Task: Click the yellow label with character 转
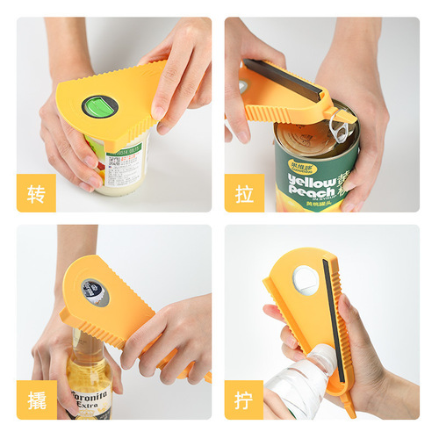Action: click(36, 193)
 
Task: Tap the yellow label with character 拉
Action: click(244, 193)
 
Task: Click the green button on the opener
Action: click(99, 107)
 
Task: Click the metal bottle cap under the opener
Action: click(94, 292)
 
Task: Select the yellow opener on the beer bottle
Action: click(114, 307)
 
